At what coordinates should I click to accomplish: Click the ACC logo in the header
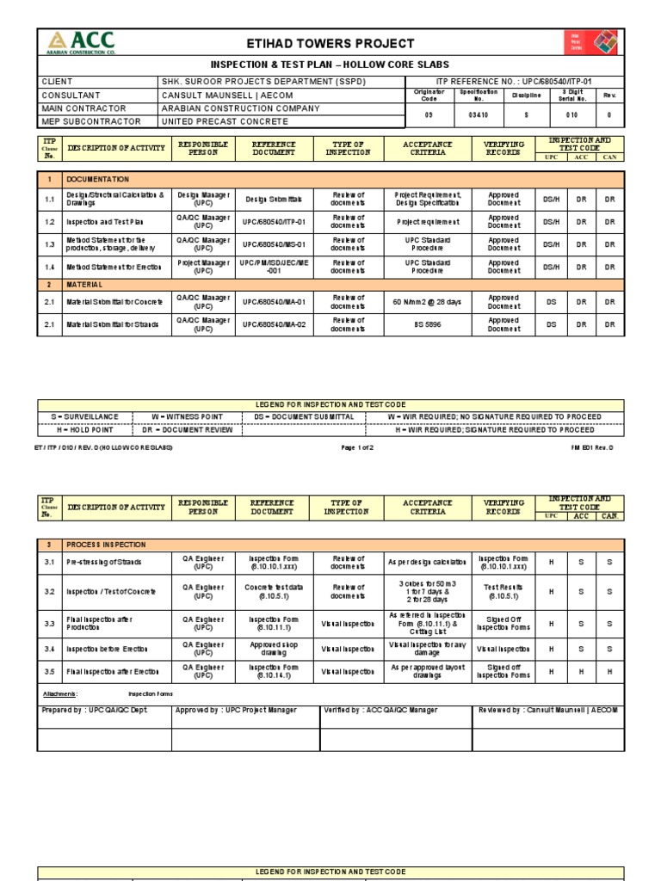point(79,43)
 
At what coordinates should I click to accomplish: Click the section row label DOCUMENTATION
point(98,179)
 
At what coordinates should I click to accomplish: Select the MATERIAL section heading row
point(85,284)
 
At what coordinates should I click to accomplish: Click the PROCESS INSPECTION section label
point(107,545)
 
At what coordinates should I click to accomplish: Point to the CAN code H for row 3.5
point(608,672)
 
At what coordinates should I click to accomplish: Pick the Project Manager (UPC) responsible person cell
point(204,266)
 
